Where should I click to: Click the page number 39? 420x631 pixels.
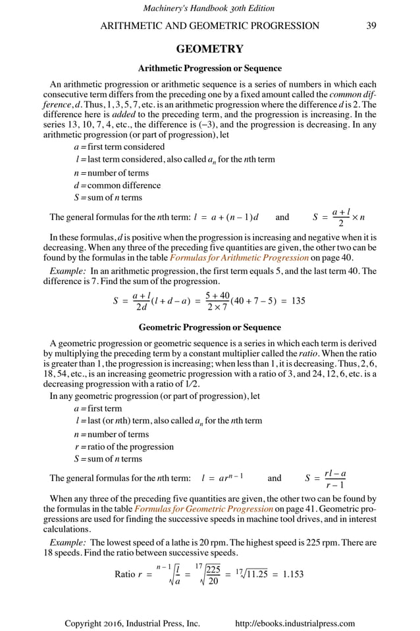(371, 26)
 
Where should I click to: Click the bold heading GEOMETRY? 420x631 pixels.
(210, 49)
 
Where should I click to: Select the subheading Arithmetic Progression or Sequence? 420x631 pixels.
(210, 68)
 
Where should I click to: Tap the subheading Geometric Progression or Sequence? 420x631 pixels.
(210, 327)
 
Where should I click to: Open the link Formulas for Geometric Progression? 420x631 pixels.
(203, 509)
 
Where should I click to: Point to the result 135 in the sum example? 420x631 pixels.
(298, 301)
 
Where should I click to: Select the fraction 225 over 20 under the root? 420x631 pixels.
(213, 574)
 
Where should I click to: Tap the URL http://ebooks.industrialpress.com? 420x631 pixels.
(295, 623)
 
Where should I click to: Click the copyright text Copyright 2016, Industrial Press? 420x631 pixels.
(132, 623)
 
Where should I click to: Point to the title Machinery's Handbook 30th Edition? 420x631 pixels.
(209, 8)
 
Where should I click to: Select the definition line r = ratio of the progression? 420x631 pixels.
(124, 446)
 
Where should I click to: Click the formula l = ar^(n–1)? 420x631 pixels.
(223, 479)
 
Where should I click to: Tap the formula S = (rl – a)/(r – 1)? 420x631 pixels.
(327, 479)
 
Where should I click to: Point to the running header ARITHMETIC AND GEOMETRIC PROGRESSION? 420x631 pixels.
(209, 26)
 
